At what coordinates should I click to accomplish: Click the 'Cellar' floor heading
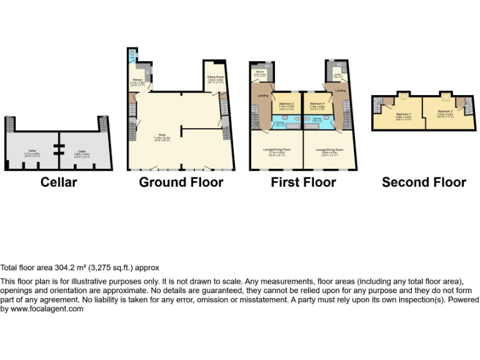[59, 182]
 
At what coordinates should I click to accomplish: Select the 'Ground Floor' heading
[181, 182]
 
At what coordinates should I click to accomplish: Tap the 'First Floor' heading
[303, 182]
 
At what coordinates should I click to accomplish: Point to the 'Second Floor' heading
[424, 182]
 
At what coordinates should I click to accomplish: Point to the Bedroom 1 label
[403, 114]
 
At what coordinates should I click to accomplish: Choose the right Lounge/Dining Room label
[331, 150]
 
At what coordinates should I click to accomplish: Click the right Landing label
[340, 91]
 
